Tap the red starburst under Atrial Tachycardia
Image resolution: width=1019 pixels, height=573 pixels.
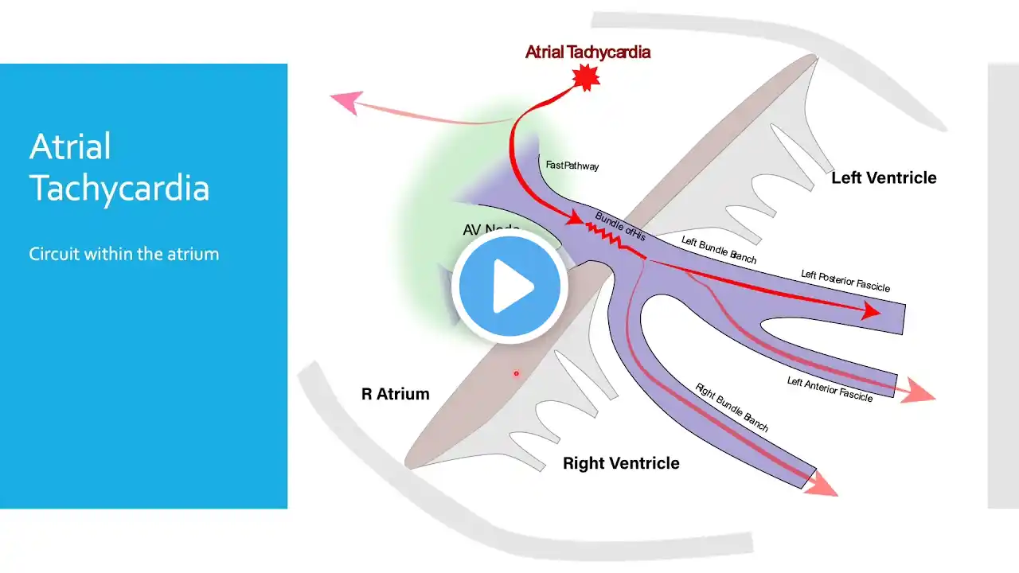(x=587, y=76)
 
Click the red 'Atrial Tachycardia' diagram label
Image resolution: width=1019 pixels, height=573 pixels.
(x=588, y=53)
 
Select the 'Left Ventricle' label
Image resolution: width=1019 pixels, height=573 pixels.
(x=884, y=177)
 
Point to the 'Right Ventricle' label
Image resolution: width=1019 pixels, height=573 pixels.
(x=621, y=463)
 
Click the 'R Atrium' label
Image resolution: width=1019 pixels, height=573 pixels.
(x=395, y=394)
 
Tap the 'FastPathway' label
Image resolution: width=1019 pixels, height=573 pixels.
(x=572, y=166)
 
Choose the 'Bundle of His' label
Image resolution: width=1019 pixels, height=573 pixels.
(x=620, y=226)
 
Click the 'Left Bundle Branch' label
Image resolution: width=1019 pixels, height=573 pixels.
(x=719, y=250)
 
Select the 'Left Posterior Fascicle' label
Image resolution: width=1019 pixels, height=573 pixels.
(x=845, y=281)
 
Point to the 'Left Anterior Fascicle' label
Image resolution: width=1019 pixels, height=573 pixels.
(x=830, y=389)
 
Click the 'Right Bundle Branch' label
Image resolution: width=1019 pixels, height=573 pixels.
(x=732, y=407)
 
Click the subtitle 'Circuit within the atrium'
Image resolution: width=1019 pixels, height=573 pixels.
(x=123, y=254)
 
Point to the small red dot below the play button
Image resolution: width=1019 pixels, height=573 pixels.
(x=516, y=373)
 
